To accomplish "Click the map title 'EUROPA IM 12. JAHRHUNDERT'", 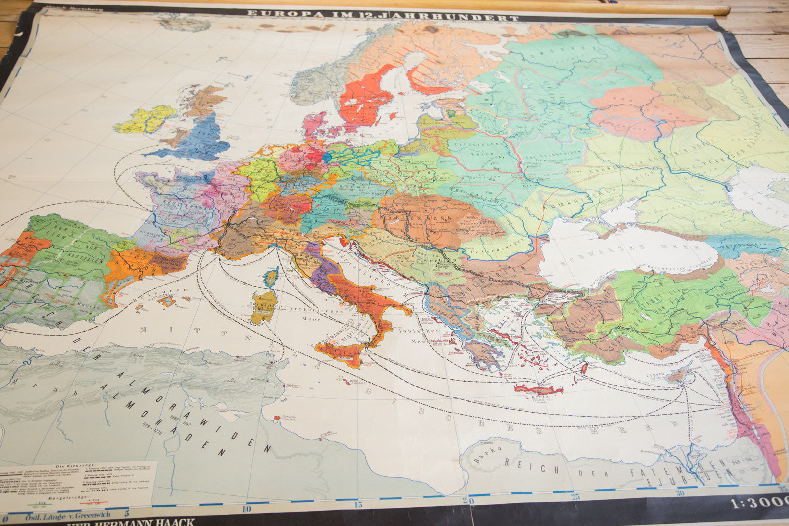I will (382, 15).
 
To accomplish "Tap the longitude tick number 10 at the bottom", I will (246, 509).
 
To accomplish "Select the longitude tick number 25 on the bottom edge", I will (575, 497).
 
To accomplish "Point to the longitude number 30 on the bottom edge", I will (681, 492).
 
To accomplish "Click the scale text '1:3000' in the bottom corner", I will (759, 504).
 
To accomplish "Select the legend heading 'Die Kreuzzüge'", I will (72, 466).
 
